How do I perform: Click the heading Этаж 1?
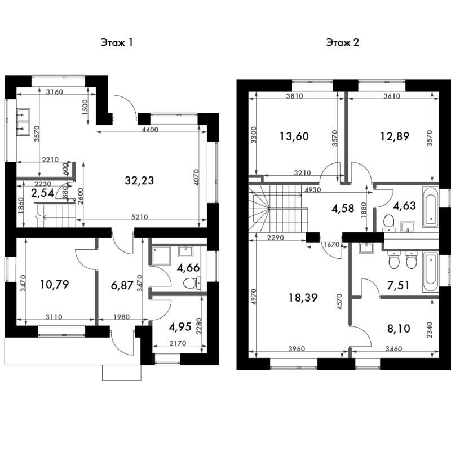117,43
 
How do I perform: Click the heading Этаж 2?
343,43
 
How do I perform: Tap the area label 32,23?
139,180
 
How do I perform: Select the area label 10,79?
54,285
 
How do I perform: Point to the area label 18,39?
303,298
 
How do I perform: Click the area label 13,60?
294,136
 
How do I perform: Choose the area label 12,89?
395,136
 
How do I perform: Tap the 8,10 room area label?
399,328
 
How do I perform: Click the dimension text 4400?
150,130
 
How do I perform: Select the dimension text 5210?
139,217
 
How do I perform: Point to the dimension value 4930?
313,190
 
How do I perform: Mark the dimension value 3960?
297,349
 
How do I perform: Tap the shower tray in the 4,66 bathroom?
162,255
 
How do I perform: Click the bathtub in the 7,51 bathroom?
430,272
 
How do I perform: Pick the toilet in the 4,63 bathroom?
389,223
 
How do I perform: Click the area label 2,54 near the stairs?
43,193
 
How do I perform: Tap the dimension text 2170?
178,343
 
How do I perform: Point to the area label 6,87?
122,286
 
